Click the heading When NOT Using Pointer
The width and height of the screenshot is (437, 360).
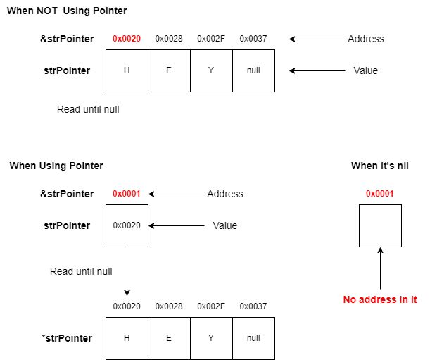point(67,12)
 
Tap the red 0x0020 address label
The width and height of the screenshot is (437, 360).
point(127,39)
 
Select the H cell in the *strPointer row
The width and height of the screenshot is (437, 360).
point(127,338)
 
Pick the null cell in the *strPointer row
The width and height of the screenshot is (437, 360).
point(253,338)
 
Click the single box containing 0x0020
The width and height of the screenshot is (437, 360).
point(127,225)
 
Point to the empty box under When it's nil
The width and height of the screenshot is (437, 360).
point(380,225)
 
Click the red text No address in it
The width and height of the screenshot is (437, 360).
point(380,299)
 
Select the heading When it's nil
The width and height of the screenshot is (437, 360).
point(380,166)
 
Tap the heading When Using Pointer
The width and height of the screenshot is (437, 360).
point(56,166)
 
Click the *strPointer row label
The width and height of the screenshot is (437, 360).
point(67,338)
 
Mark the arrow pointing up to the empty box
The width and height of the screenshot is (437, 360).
point(380,268)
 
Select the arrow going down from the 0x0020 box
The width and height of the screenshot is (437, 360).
point(127,271)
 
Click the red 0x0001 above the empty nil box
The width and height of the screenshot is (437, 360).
point(380,194)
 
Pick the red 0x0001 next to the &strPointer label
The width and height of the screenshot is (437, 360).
point(127,194)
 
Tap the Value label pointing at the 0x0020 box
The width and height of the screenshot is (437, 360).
point(225,225)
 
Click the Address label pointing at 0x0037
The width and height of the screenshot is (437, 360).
point(365,39)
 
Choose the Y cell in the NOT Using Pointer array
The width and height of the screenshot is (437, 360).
point(211,70)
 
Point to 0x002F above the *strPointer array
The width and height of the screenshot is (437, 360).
point(211,306)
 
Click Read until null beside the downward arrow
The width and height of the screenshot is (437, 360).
point(81,271)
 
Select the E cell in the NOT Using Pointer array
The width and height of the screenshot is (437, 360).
point(169,70)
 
